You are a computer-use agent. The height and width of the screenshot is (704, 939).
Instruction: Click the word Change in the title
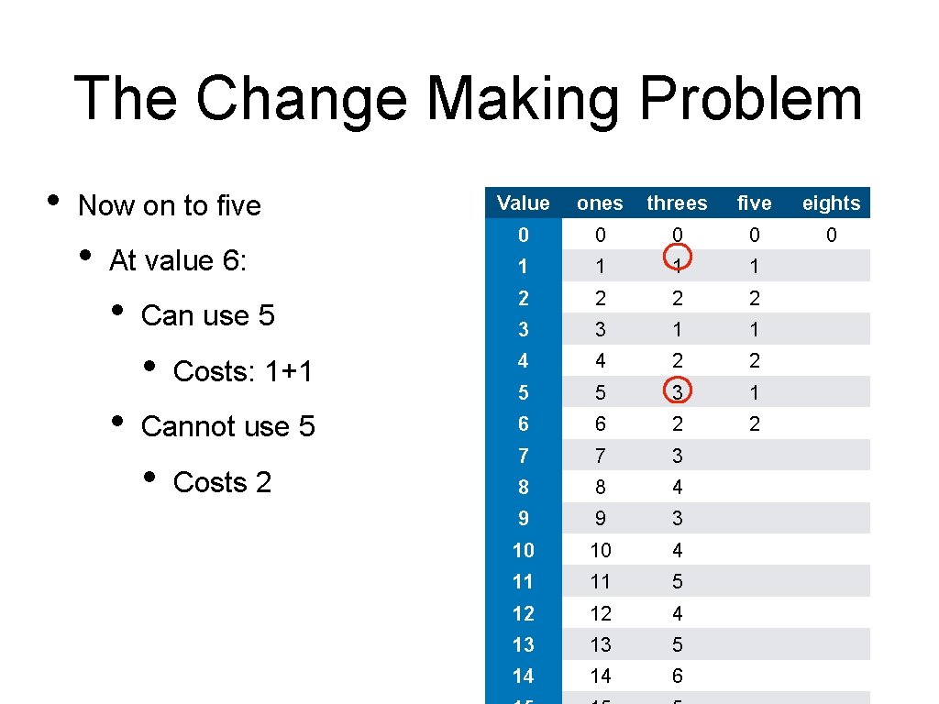pyautogui.click(x=301, y=99)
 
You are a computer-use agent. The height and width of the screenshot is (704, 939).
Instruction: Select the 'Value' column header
pyautogui.click(x=523, y=203)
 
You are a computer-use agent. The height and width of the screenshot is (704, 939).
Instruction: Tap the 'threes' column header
pyautogui.click(x=677, y=203)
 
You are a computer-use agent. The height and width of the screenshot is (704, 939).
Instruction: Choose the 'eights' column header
pyautogui.click(x=831, y=203)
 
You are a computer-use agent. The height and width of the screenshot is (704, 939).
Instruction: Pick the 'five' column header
pyautogui.click(x=754, y=203)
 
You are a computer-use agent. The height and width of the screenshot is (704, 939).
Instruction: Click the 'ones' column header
pyautogui.click(x=600, y=203)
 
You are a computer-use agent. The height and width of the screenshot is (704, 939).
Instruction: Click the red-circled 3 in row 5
pyautogui.click(x=677, y=392)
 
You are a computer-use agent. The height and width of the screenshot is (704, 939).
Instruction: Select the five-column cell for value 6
pyautogui.click(x=754, y=423)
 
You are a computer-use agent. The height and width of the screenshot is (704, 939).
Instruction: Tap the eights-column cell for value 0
pyautogui.click(x=831, y=235)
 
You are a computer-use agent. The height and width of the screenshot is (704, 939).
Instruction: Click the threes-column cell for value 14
pyautogui.click(x=677, y=676)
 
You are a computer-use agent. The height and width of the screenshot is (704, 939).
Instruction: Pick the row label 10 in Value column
pyautogui.click(x=523, y=550)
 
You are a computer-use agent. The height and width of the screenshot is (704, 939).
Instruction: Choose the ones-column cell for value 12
pyautogui.click(x=600, y=613)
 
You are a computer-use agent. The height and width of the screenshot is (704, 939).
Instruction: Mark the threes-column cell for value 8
pyautogui.click(x=677, y=487)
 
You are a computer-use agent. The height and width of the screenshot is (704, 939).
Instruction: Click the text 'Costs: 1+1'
pyautogui.click(x=243, y=371)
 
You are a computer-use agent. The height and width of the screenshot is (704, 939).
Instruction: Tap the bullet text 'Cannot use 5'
pyautogui.click(x=227, y=426)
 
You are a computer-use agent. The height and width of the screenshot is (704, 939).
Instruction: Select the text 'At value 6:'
pyautogui.click(x=178, y=260)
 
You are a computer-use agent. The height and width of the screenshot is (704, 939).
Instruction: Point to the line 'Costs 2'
pyautogui.click(x=222, y=482)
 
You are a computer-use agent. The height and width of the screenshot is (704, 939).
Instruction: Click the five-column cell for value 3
pyautogui.click(x=754, y=329)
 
